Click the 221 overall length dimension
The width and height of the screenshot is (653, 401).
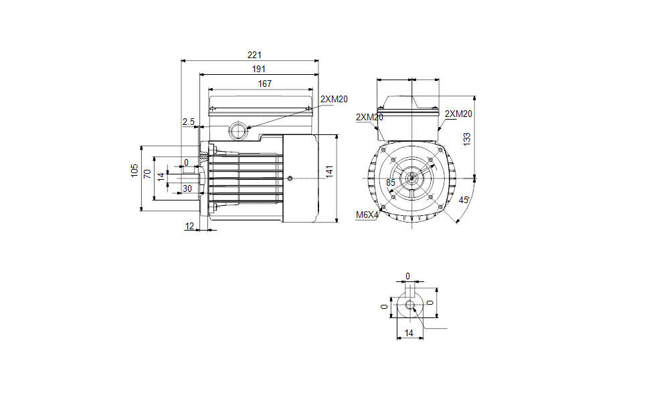point(254,55)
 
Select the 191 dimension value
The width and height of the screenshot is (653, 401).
point(259,69)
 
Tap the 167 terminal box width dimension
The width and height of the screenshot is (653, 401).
point(264,84)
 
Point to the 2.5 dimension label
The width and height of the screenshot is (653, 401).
point(189,122)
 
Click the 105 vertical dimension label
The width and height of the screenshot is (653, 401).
point(134,170)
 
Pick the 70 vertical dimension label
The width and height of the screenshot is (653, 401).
point(147,174)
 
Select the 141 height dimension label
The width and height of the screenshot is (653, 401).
point(329,172)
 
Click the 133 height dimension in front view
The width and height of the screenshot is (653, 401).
point(467,138)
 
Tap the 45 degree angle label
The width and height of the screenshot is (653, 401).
point(464,200)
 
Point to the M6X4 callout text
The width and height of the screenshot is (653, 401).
point(367,215)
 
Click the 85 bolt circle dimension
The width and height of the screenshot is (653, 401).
point(390,182)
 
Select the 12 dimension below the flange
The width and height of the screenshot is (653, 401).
point(189,226)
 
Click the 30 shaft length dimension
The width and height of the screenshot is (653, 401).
point(187,188)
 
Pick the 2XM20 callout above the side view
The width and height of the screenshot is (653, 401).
point(334,99)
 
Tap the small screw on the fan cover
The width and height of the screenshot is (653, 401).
point(290,178)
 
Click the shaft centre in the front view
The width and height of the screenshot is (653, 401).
point(411,178)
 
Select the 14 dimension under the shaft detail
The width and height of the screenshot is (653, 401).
point(409,333)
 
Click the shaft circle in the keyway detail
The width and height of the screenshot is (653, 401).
point(410,305)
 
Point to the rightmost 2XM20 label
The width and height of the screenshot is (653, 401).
point(458,114)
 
